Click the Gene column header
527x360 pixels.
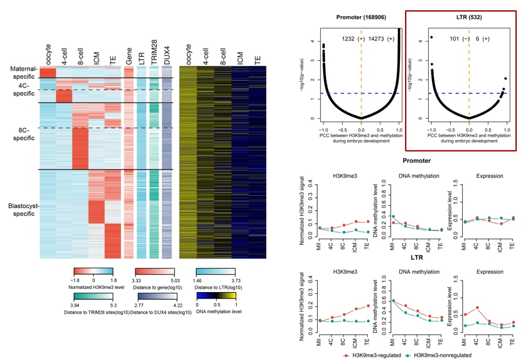pos(128,58)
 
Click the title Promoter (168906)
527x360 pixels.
pos(360,17)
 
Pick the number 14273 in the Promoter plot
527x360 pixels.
pos(377,39)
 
